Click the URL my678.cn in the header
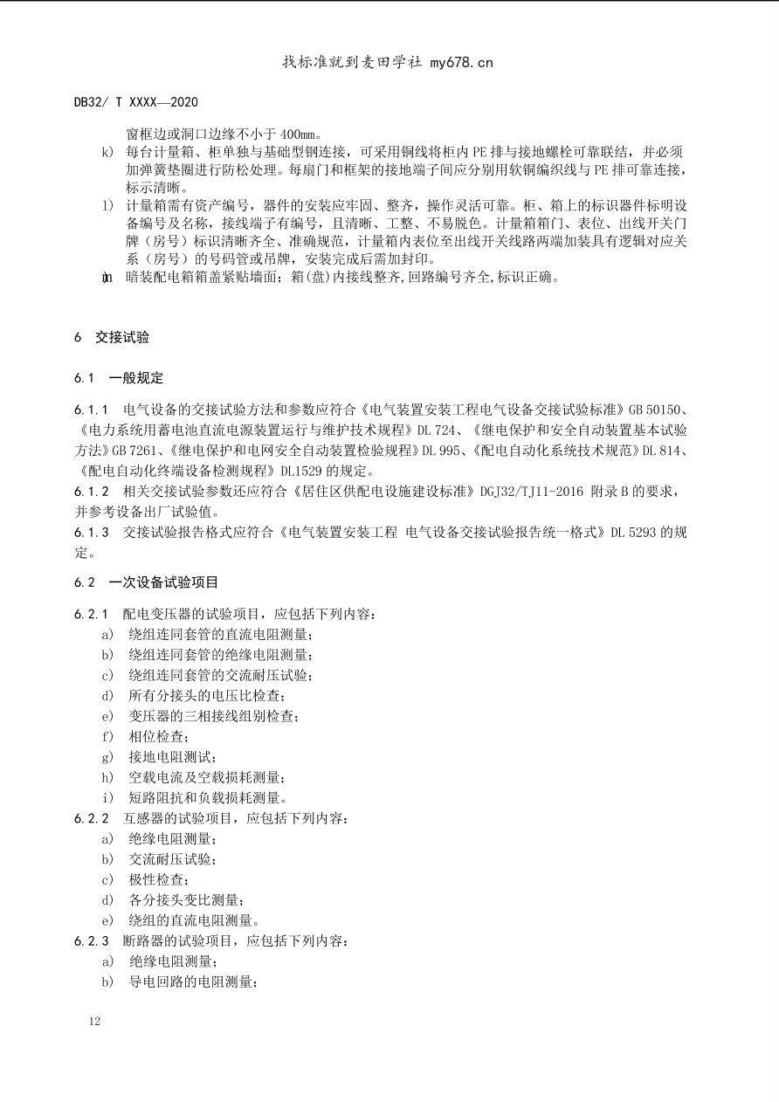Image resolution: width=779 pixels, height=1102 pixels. click(461, 62)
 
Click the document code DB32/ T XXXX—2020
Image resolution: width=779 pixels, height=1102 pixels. click(135, 102)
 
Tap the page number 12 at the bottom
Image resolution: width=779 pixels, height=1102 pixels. click(94, 1021)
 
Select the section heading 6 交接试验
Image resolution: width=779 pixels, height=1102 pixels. click(112, 337)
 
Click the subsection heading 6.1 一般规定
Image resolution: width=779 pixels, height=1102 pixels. click(119, 378)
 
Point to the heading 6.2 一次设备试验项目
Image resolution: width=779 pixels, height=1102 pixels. click(146, 582)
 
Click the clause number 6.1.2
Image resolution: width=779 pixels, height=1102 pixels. click(92, 492)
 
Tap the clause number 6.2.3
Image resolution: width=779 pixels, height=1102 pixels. click(92, 940)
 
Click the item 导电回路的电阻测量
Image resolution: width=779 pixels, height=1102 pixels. click(193, 981)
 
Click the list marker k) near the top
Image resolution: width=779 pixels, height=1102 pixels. click(107, 153)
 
